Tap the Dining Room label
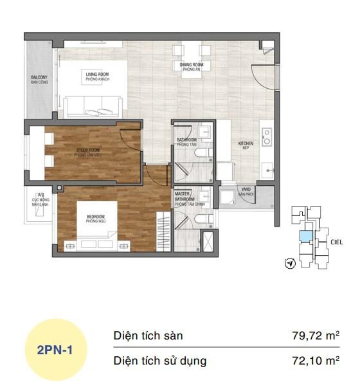pyautogui.click(x=192, y=67)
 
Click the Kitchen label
pyautogui.click(x=246, y=145)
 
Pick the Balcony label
pyautogui.click(x=39, y=80)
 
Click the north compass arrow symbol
pyautogui.click(x=291, y=263)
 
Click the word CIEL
pyautogui.click(x=337, y=242)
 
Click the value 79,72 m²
pyautogui.click(x=314, y=336)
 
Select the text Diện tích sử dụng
pyautogui.click(x=159, y=361)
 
